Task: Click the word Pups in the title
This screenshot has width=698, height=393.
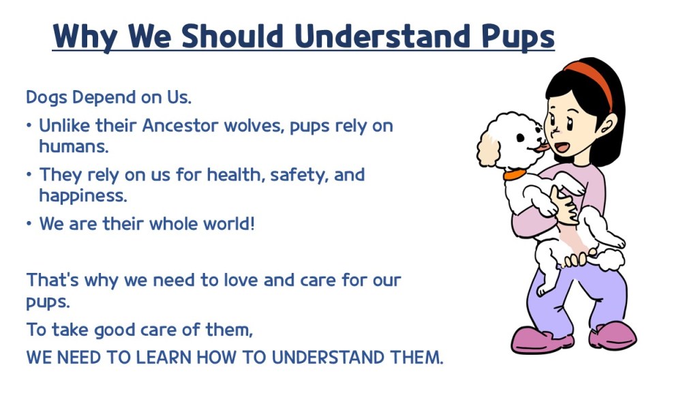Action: [518, 37]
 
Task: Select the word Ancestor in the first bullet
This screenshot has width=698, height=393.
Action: [180, 126]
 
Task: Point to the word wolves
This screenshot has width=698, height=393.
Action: [254, 126]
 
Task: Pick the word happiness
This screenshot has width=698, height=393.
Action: [82, 196]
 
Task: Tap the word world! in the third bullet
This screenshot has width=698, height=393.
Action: [229, 223]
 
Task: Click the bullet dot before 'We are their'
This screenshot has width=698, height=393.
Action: [29, 223]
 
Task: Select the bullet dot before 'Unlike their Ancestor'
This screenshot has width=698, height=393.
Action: [29, 126]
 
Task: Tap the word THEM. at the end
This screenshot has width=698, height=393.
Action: [416, 358]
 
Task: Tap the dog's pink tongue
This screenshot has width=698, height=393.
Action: [542, 147]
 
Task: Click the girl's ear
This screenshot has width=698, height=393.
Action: [608, 125]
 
